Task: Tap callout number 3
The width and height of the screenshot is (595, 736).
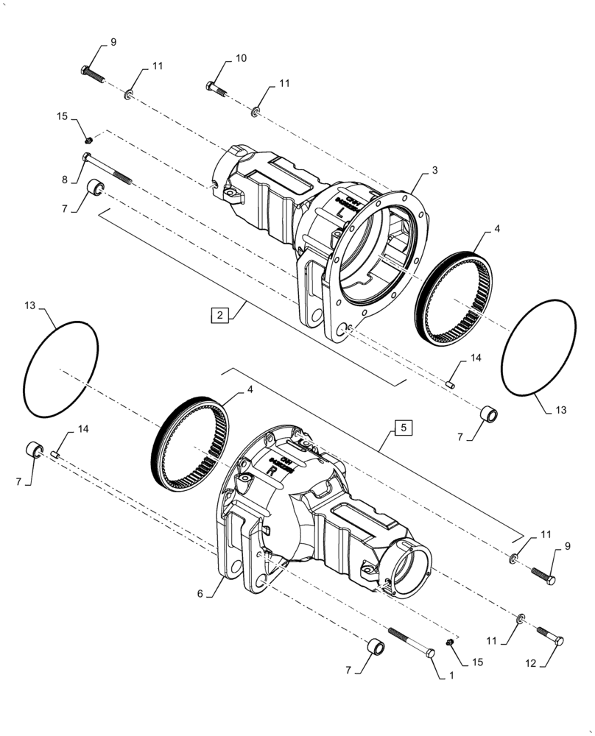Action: click(x=435, y=170)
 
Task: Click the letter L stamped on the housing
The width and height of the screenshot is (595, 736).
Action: click(x=339, y=211)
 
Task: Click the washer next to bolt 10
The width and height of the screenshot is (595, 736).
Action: click(x=256, y=112)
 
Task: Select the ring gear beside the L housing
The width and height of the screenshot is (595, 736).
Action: click(x=451, y=302)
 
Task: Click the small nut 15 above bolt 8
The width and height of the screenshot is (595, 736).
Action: click(x=88, y=138)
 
